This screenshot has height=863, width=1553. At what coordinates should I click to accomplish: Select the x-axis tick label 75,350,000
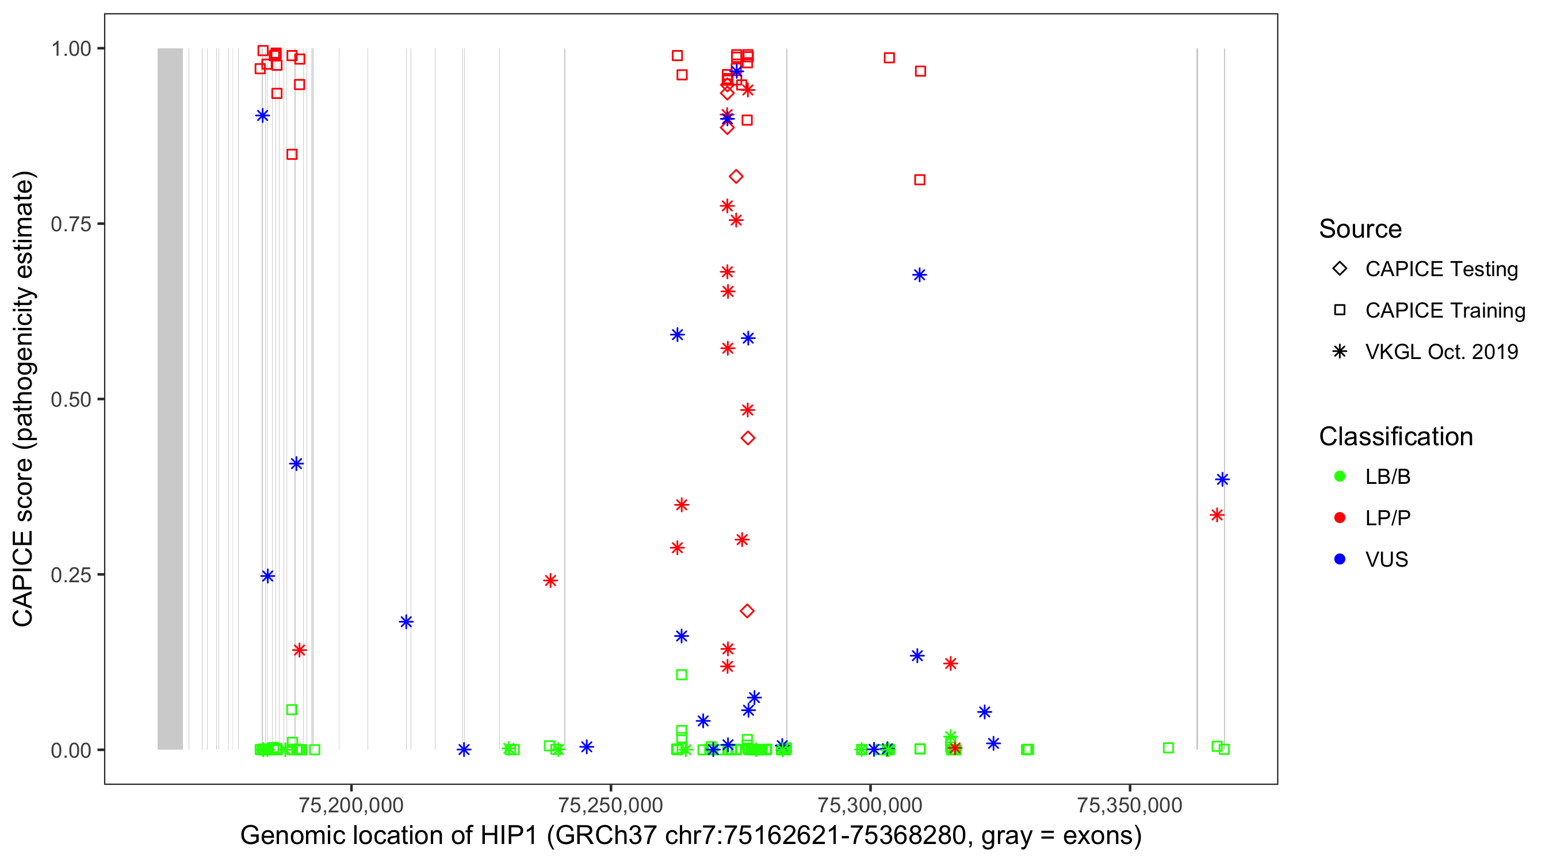[1129, 805]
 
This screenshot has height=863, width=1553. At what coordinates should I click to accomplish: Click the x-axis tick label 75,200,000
[351, 805]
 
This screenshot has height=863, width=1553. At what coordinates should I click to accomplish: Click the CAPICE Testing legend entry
[1441, 269]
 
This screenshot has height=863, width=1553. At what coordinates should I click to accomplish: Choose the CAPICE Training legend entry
[1444, 311]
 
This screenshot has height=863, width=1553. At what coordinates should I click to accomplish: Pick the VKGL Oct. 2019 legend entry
[1441, 352]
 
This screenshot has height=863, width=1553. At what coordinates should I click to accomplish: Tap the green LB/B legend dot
[1340, 476]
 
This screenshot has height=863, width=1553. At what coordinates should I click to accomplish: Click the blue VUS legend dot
[1340, 559]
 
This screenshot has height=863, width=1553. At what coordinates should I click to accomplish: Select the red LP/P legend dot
[1340, 518]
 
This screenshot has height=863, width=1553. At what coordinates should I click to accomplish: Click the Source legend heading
[1360, 229]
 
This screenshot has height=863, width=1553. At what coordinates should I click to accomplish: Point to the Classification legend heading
[1395, 437]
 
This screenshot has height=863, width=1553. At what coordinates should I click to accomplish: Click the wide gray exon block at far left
[170, 398]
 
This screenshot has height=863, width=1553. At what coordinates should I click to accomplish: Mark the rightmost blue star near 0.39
[1222, 479]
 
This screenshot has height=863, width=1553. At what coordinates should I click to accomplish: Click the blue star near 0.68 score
[919, 275]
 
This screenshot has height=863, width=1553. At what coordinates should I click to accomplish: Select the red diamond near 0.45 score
[748, 438]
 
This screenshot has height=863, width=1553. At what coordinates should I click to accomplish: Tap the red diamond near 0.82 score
[736, 177]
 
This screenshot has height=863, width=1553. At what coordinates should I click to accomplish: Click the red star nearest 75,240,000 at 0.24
[550, 581]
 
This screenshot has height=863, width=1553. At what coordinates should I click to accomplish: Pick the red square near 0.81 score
[919, 180]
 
